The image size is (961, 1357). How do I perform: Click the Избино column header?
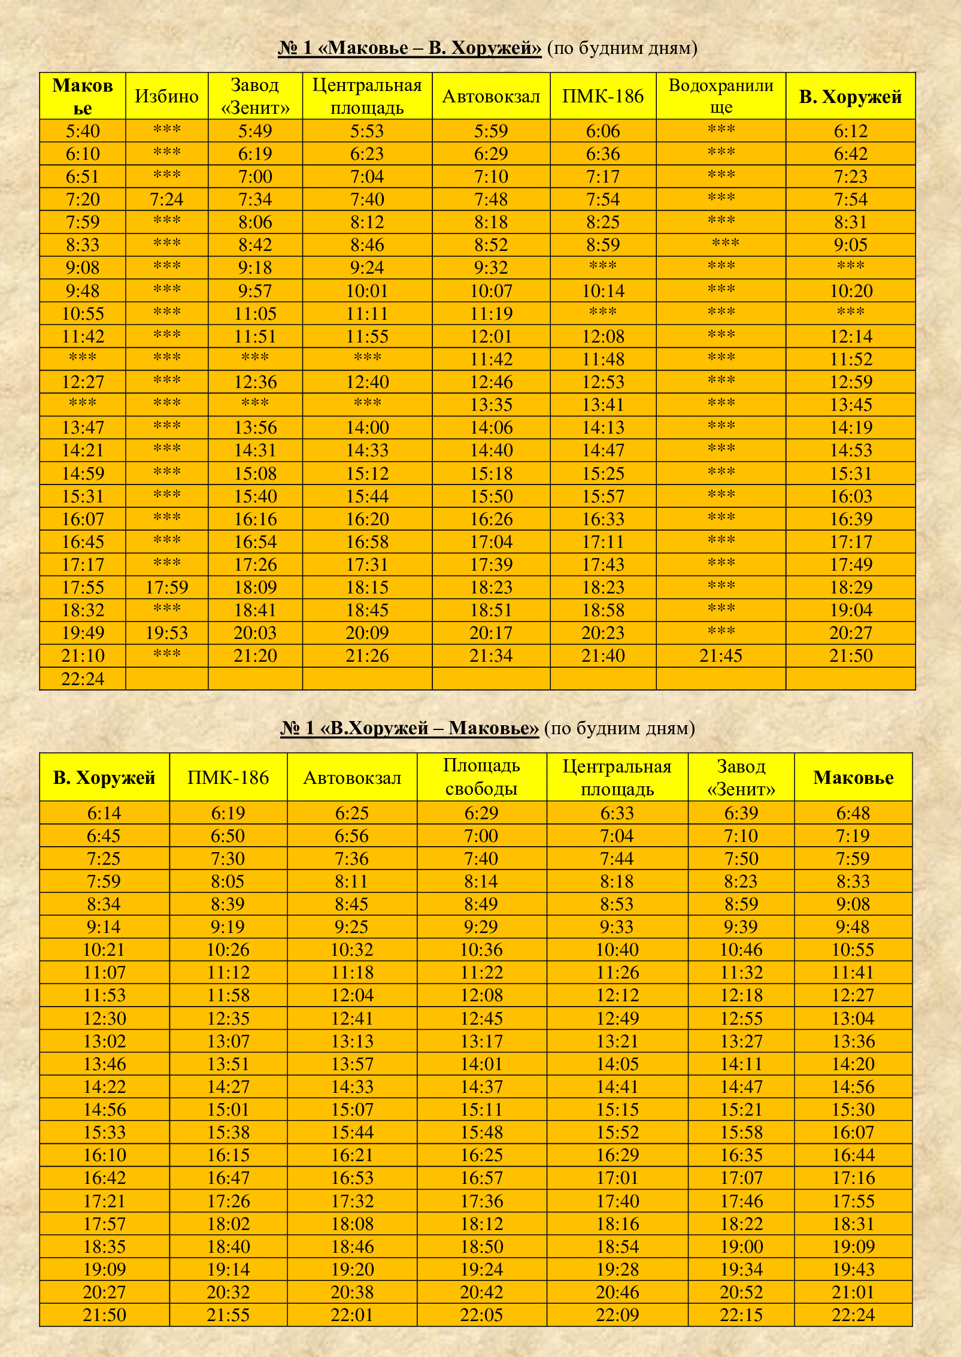pos(166,96)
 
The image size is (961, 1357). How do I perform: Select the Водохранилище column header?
pos(721,96)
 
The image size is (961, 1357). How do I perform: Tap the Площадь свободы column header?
pos(481,777)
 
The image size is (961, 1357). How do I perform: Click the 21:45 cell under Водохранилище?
pos(721,656)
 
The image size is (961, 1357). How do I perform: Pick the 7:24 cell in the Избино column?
pos(166,199)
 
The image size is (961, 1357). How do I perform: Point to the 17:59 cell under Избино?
pos(166,587)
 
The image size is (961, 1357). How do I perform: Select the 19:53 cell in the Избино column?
pos(166,633)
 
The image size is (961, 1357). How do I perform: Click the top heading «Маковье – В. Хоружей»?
pos(410,48)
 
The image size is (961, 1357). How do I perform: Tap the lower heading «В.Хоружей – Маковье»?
pos(410,728)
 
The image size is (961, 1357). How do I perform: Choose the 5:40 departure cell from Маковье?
pos(83,131)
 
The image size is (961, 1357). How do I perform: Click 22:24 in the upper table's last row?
pos(83,679)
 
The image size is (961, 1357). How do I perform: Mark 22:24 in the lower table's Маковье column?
pos(853,1315)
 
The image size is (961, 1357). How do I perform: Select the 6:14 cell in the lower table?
pos(104,813)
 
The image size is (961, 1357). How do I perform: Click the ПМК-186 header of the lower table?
pos(228,777)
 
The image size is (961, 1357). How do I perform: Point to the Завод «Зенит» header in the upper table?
pos(255,96)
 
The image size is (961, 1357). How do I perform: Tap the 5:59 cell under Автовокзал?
pos(491,131)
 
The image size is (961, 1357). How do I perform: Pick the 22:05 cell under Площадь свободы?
pos(481,1315)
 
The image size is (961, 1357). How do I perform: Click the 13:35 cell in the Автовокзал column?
pos(491,405)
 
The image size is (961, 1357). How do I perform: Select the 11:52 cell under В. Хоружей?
pos(851,359)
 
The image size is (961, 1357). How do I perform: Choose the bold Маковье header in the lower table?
pos(853,777)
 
